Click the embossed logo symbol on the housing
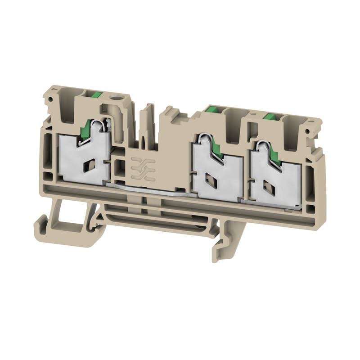pos(140,166)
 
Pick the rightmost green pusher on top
pos(271,117)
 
